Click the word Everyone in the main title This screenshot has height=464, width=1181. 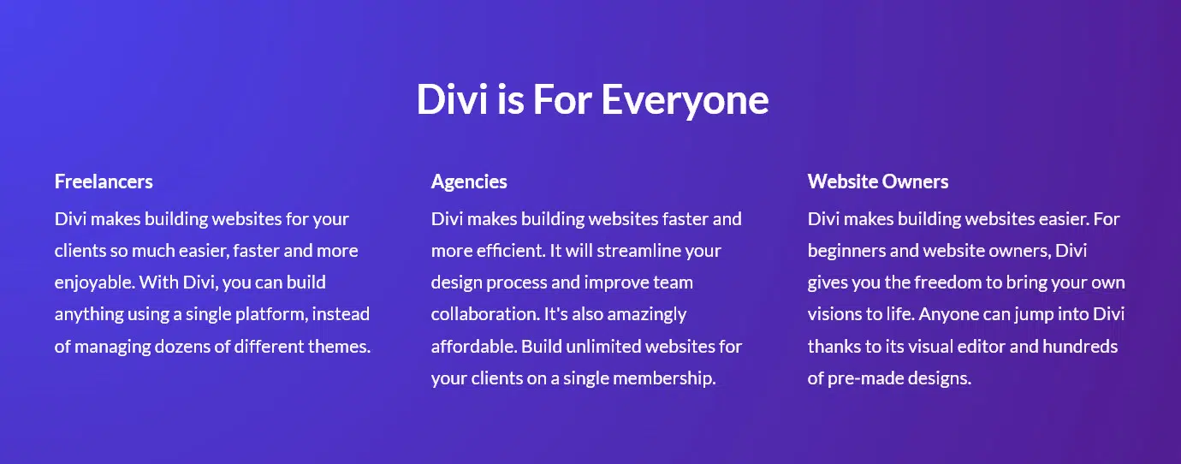point(685,100)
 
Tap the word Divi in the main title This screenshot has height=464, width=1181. point(452,98)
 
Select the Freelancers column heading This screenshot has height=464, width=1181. point(104,181)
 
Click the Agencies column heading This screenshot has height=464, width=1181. point(469,181)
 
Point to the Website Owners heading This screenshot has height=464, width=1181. point(878,181)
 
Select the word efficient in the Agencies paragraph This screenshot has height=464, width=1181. point(511,251)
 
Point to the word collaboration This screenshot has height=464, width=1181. point(485,314)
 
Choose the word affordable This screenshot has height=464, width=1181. point(474,347)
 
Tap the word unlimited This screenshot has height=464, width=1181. point(603,347)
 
